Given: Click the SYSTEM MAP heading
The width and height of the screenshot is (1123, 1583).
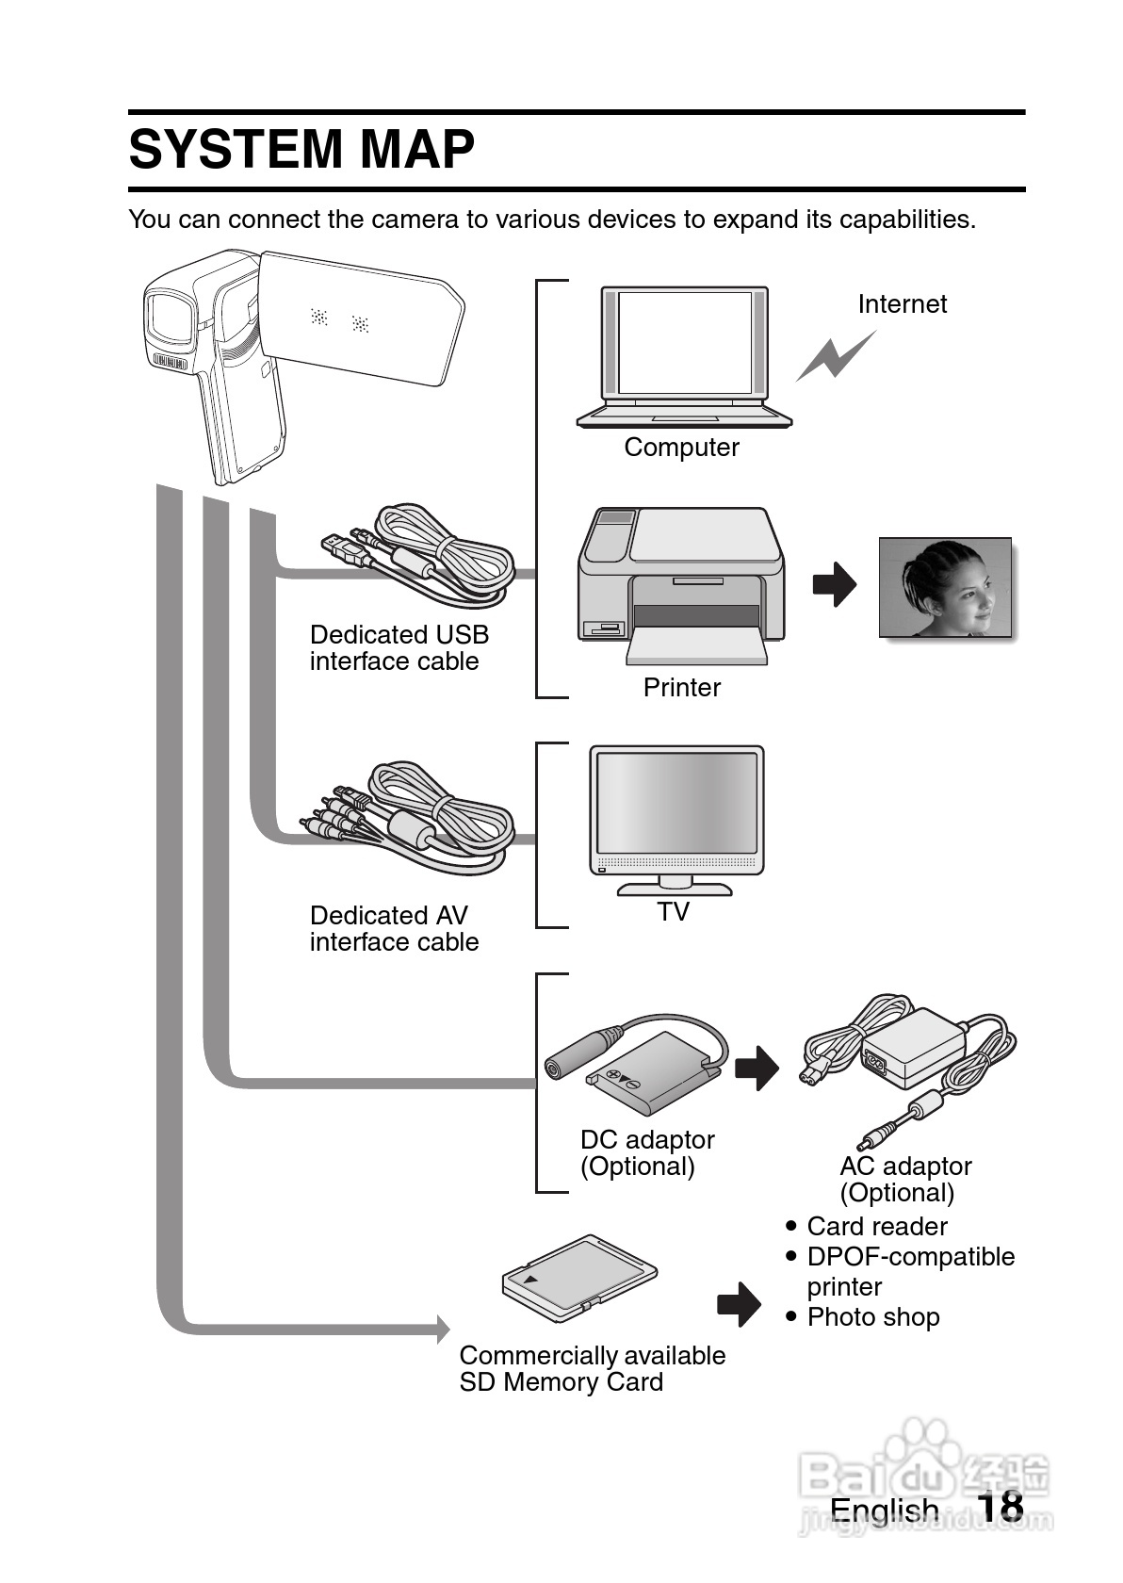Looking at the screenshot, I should (301, 150).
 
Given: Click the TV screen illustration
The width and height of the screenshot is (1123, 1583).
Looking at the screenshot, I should (675, 805).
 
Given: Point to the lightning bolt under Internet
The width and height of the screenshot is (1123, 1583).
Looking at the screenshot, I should (836, 355).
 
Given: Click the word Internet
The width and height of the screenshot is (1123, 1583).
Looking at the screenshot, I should (902, 304).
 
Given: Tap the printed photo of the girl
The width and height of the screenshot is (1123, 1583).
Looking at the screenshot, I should (945, 587).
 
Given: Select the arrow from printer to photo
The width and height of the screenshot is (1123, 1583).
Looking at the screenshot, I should (835, 585).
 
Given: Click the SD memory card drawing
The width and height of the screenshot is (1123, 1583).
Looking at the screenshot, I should (578, 1274).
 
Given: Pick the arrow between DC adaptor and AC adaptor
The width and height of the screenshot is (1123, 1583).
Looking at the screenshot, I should (757, 1069).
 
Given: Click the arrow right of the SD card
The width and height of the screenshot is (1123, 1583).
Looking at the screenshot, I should (739, 1305).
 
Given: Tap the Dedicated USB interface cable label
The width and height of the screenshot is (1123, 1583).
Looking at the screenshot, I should (399, 648).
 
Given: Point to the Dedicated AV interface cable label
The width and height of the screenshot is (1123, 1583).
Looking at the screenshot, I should (394, 929).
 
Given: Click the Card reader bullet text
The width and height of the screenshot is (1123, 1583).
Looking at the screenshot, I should (876, 1227).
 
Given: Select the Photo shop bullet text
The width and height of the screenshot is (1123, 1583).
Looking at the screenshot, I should (872, 1317).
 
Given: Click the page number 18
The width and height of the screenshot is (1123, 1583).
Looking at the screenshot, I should (1000, 1508).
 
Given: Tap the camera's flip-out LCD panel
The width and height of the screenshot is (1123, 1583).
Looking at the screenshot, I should (362, 318).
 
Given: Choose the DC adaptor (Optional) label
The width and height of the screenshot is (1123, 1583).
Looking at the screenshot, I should (647, 1153).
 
